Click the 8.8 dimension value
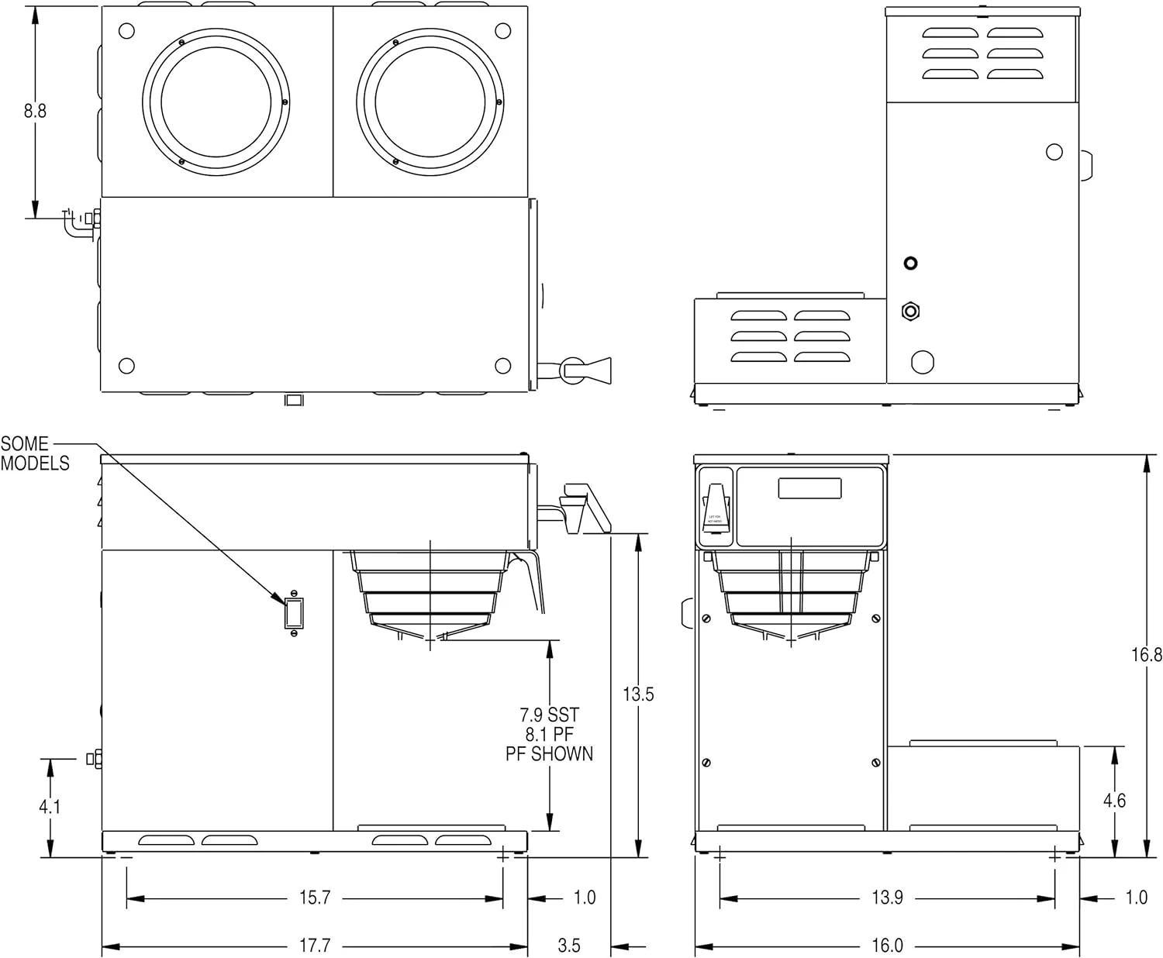[x=35, y=111]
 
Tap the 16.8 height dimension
[x=1146, y=655]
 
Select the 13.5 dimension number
[x=638, y=694]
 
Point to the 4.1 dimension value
[x=50, y=807]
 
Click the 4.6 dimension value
[x=1114, y=801]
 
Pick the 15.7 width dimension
[x=315, y=898]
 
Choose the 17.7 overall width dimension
[x=315, y=946]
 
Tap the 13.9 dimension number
[x=887, y=898]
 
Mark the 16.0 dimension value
[x=887, y=946]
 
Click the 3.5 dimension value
[x=568, y=946]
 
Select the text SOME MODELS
[x=35, y=453]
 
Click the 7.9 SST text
[x=549, y=715]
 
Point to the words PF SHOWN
[x=549, y=753]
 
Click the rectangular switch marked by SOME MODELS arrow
[x=294, y=612]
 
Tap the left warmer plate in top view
[x=216, y=102]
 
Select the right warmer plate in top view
[x=430, y=102]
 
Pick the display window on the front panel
[x=809, y=488]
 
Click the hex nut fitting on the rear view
[x=911, y=312]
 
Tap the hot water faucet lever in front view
[x=715, y=508]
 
